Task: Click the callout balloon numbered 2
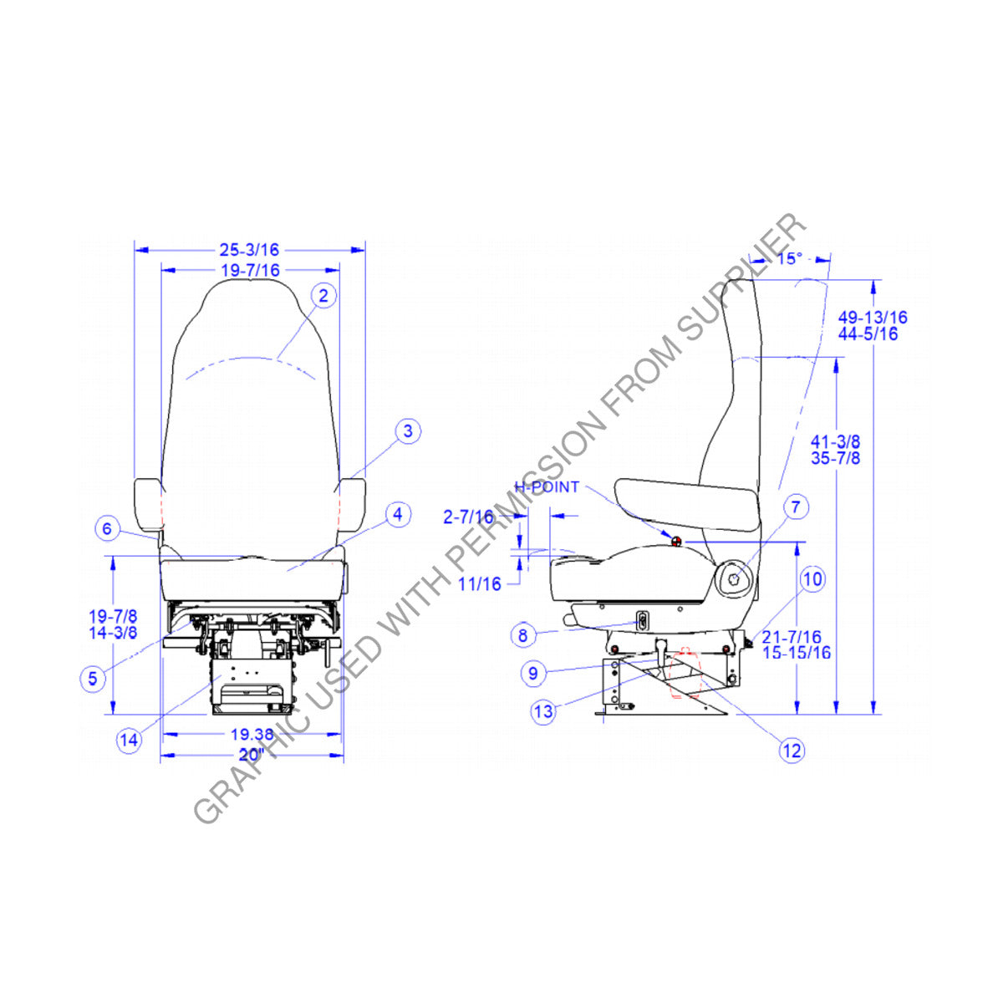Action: [324, 295]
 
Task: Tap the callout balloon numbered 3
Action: [408, 431]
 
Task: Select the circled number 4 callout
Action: [398, 514]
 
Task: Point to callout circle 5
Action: [93, 678]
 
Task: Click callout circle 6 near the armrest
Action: [106, 528]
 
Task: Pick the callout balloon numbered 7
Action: [796, 507]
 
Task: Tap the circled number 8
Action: [522, 635]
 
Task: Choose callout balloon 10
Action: [812, 578]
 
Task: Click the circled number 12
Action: [792, 751]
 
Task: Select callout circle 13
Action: [543, 712]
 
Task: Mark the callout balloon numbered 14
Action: [129, 740]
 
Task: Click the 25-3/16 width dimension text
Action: [249, 249]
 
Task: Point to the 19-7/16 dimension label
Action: [251, 270]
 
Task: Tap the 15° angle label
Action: [789, 258]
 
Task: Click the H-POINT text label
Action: [547, 487]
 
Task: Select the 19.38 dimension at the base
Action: [252, 735]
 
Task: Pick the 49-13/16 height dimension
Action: [873, 318]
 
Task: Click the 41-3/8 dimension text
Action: [836, 440]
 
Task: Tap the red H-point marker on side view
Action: [676, 541]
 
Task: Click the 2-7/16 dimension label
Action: [468, 517]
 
